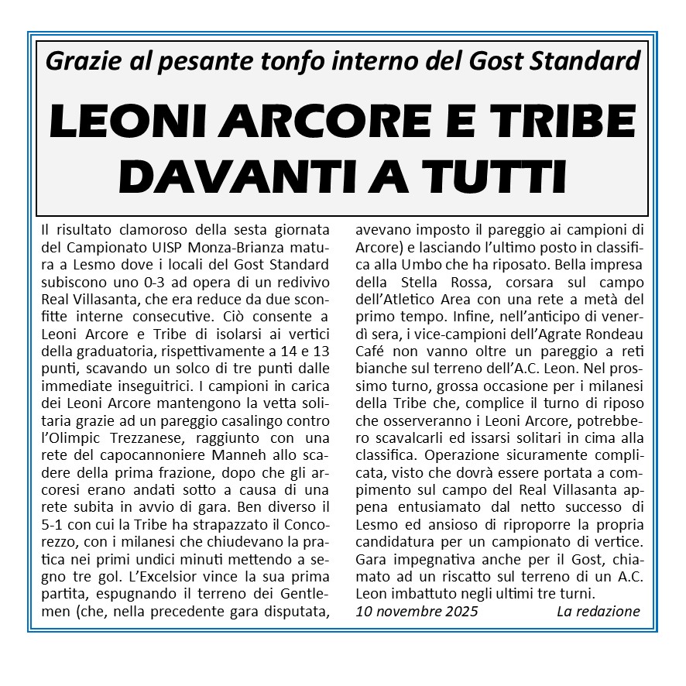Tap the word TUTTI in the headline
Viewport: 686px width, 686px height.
click(x=497, y=177)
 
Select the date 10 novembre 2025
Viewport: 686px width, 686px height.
click(x=417, y=612)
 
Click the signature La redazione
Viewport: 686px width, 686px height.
click(x=598, y=612)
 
